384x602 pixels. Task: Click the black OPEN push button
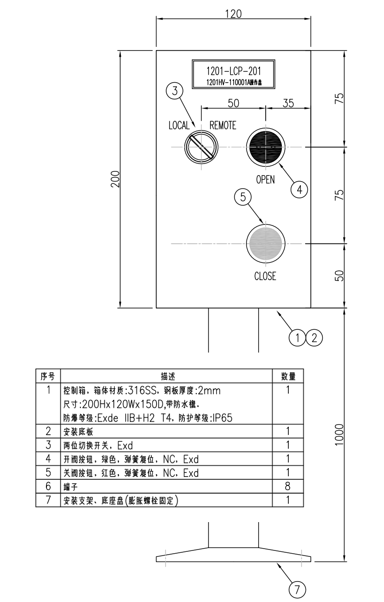[265, 147]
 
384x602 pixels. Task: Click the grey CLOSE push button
[265, 243]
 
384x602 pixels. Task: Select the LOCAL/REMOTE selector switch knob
[201, 147]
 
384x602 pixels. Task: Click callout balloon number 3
[174, 92]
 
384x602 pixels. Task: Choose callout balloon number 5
[242, 197]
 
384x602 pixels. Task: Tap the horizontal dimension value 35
[288, 103]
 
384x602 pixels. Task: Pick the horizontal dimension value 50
[233, 103]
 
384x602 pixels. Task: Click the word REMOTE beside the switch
[223, 125]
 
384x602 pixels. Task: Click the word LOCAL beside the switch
[179, 125]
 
